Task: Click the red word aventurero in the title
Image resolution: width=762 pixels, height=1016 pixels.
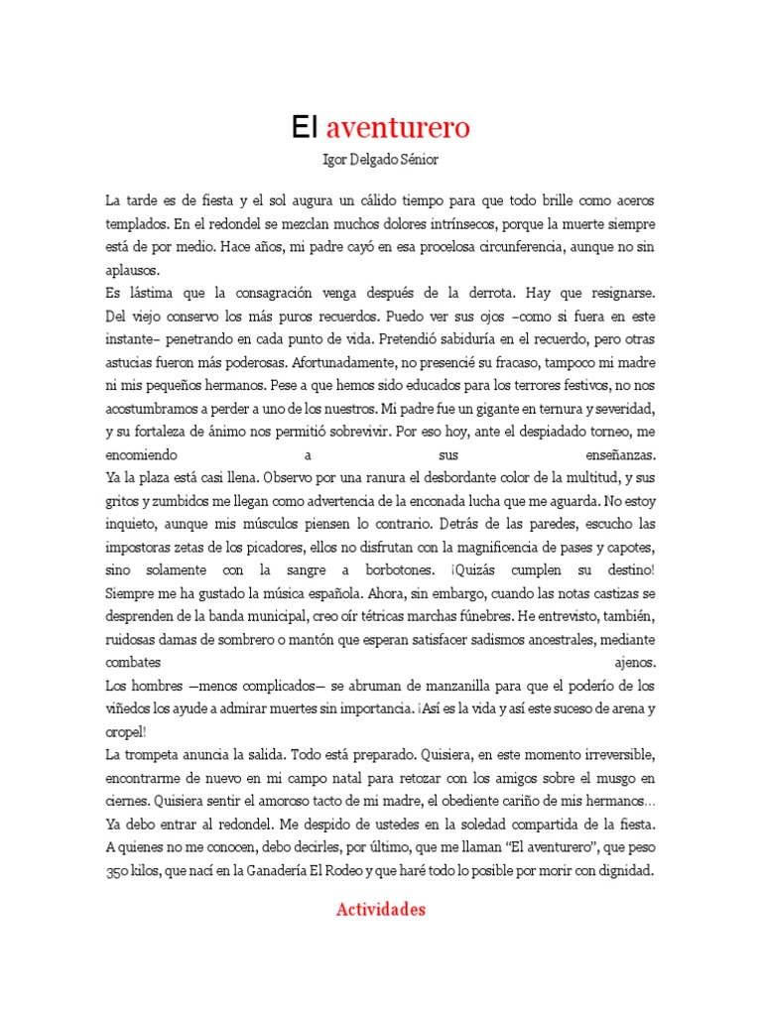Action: pos(398,127)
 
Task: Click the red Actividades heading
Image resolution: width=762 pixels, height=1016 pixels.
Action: pos(381,909)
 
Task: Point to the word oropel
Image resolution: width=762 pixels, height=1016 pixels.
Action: pos(127,732)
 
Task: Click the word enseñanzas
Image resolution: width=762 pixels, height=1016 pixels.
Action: pos(615,453)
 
